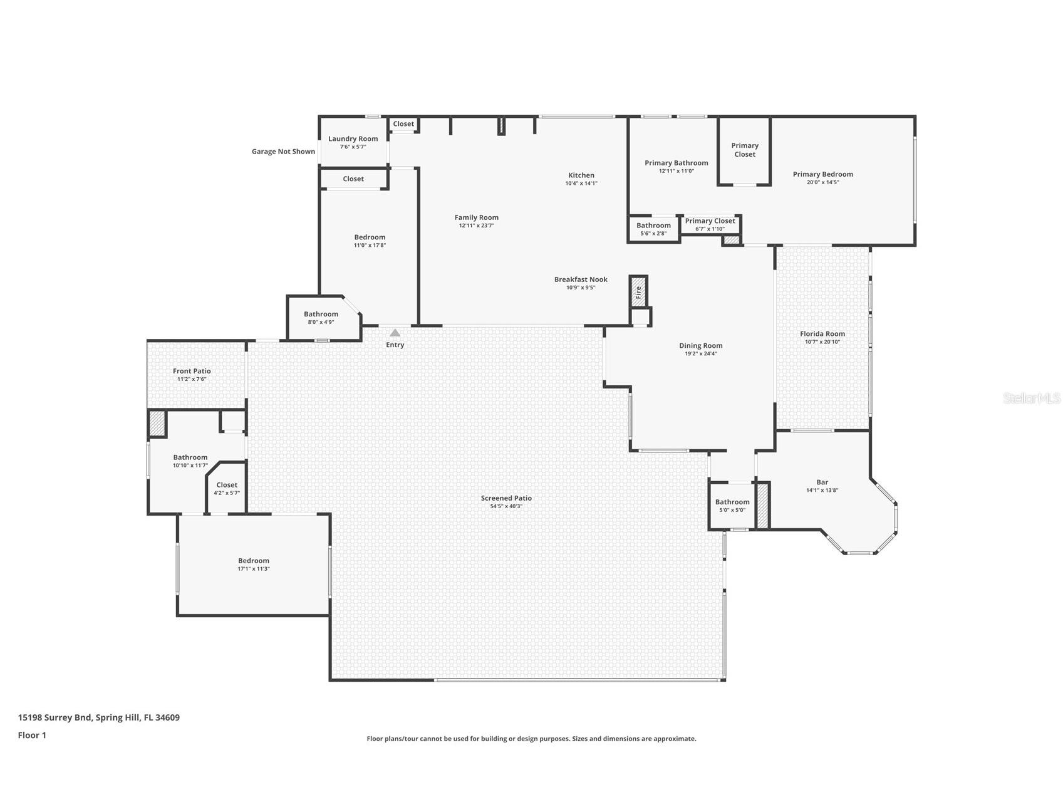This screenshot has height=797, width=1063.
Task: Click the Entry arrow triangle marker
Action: pos(395,333)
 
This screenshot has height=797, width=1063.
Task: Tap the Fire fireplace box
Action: pos(638,291)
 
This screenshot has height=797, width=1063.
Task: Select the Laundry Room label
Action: pos(353,139)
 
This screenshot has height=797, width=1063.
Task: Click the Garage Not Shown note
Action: pos(283,152)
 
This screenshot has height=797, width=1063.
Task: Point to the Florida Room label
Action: pos(822,334)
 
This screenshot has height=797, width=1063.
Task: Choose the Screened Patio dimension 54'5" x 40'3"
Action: pos(506,506)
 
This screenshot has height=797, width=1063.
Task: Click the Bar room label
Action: pos(822,482)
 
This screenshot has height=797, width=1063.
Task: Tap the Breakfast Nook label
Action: pos(581,279)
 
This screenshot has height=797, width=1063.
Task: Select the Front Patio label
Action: pos(192,371)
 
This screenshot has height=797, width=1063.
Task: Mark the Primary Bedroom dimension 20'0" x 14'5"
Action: pos(823,182)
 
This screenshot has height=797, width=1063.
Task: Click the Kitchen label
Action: pos(581,175)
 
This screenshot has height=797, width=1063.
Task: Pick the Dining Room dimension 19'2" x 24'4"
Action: pos(701,353)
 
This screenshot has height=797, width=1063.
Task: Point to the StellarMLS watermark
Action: pos(1032,398)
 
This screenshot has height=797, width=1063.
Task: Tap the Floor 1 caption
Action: pos(32,735)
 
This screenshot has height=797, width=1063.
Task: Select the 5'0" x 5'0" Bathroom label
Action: pos(732,502)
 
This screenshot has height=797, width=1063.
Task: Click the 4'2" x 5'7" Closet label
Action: pos(227,485)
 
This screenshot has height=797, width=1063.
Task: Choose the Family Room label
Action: pos(477,217)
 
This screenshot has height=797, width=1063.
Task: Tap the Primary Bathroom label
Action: pos(677,163)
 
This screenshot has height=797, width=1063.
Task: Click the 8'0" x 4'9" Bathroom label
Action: pos(321,314)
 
